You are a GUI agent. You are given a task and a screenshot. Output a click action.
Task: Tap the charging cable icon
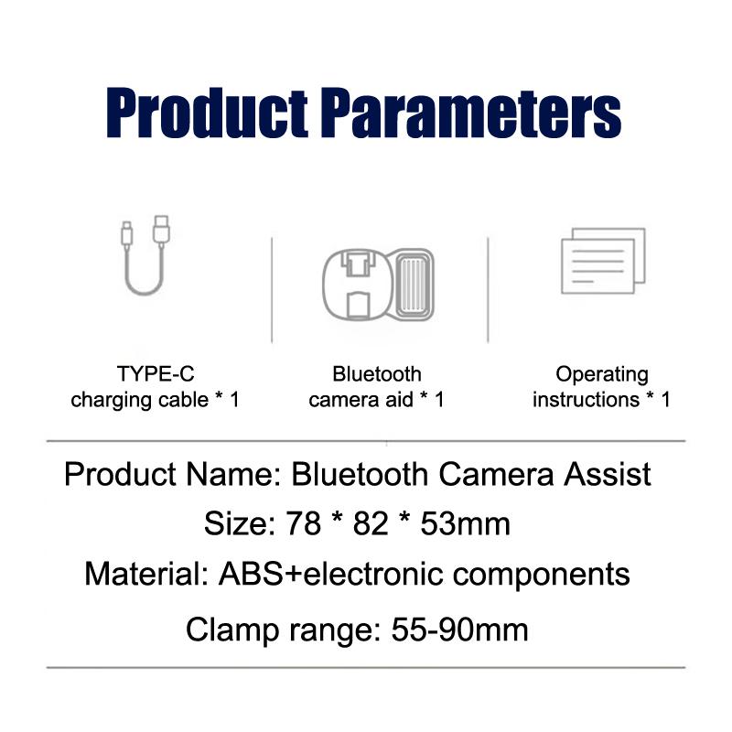coord(145,255)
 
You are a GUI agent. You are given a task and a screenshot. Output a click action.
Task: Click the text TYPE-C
coord(156,374)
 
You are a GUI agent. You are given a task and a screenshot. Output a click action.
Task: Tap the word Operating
coord(602,374)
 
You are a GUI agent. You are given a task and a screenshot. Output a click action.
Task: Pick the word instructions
coord(586,400)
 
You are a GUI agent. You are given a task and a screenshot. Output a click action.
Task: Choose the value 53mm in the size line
coord(465,524)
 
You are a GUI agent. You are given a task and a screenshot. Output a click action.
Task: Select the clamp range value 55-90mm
coord(459,630)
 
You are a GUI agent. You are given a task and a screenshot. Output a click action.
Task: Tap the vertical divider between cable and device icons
coord(272,289)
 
